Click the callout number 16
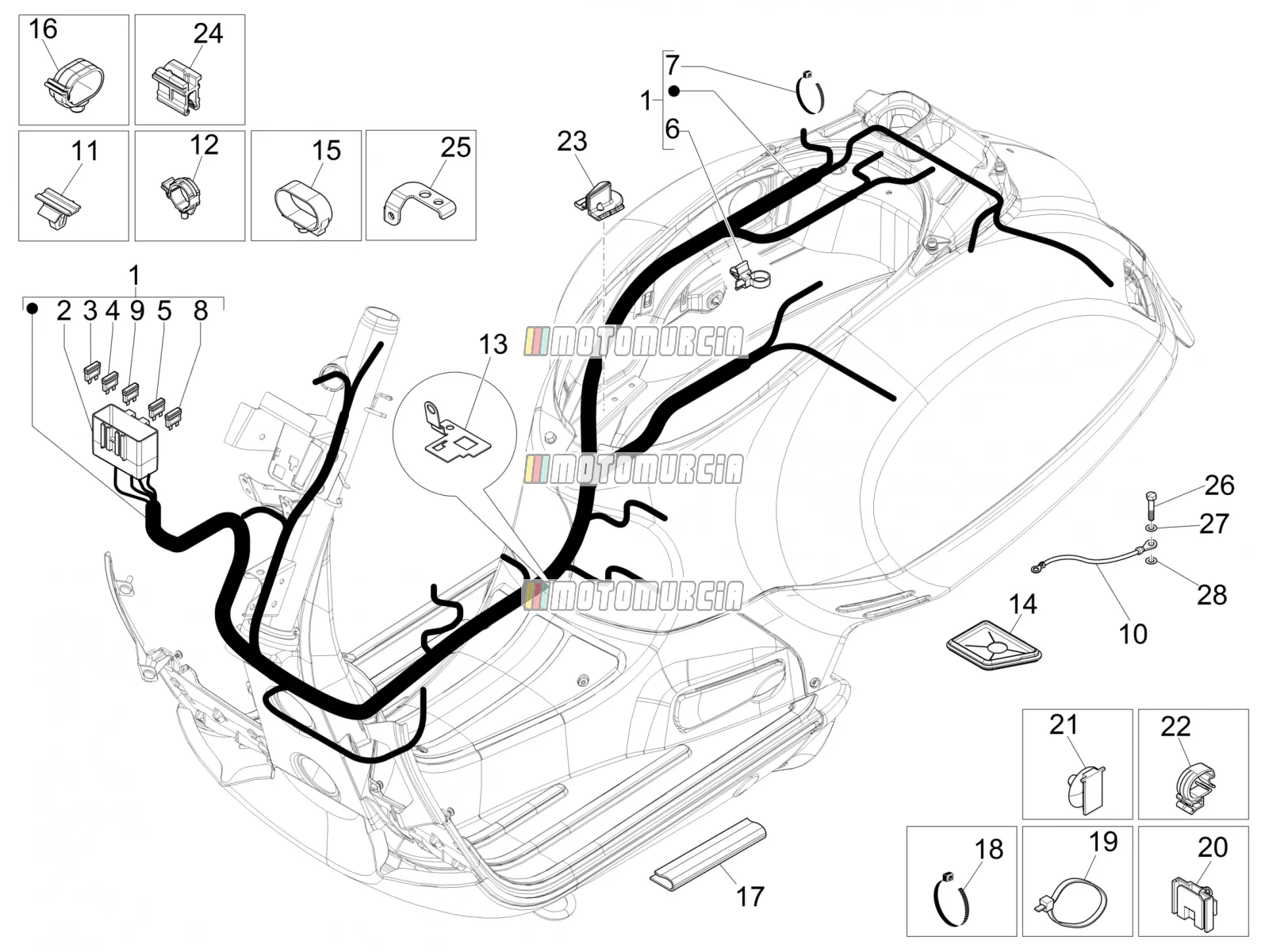(x=44, y=29)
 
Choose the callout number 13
(x=493, y=344)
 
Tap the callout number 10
(x=1133, y=634)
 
